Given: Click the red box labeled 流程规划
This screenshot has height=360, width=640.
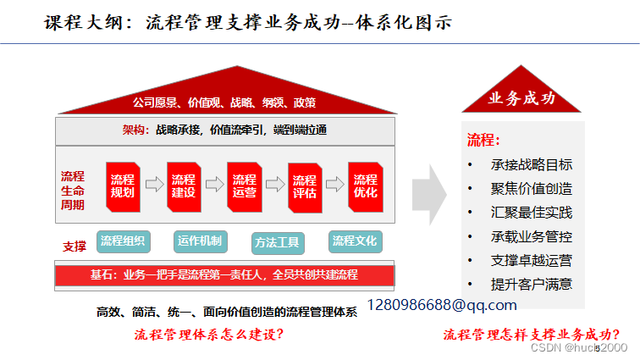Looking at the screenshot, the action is click(x=123, y=186).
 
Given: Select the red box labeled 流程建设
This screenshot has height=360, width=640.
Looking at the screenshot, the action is click(x=183, y=186).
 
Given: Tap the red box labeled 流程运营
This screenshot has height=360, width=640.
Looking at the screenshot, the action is click(x=244, y=186).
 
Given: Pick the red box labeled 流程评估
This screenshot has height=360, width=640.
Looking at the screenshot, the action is click(x=305, y=186).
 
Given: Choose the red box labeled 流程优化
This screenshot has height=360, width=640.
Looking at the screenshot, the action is click(x=366, y=186).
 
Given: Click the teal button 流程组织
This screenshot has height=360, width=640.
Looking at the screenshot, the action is click(x=122, y=241).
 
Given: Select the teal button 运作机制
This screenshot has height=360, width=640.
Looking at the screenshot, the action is click(x=199, y=241).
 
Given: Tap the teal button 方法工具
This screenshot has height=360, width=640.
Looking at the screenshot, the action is click(x=277, y=242).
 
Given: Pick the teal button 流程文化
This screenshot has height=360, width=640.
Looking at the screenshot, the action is click(x=354, y=241).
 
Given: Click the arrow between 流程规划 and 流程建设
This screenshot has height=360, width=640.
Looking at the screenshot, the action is click(x=153, y=184).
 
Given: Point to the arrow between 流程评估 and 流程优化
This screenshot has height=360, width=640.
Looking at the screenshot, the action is click(x=335, y=184).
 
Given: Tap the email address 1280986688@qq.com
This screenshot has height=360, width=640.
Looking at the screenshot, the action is click(x=441, y=304).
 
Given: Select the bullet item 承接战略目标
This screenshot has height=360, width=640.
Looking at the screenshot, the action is click(x=531, y=164).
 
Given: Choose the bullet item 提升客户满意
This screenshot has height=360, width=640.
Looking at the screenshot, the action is click(x=531, y=284).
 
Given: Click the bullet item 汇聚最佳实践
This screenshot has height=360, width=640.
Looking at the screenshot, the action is click(x=531, y=212).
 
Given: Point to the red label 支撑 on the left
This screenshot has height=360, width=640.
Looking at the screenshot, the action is click(x=74, y=246).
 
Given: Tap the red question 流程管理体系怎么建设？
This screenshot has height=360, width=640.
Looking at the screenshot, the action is click(x=209, y=334).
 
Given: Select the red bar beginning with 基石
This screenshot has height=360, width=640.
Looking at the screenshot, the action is click(x=224, y=274).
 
